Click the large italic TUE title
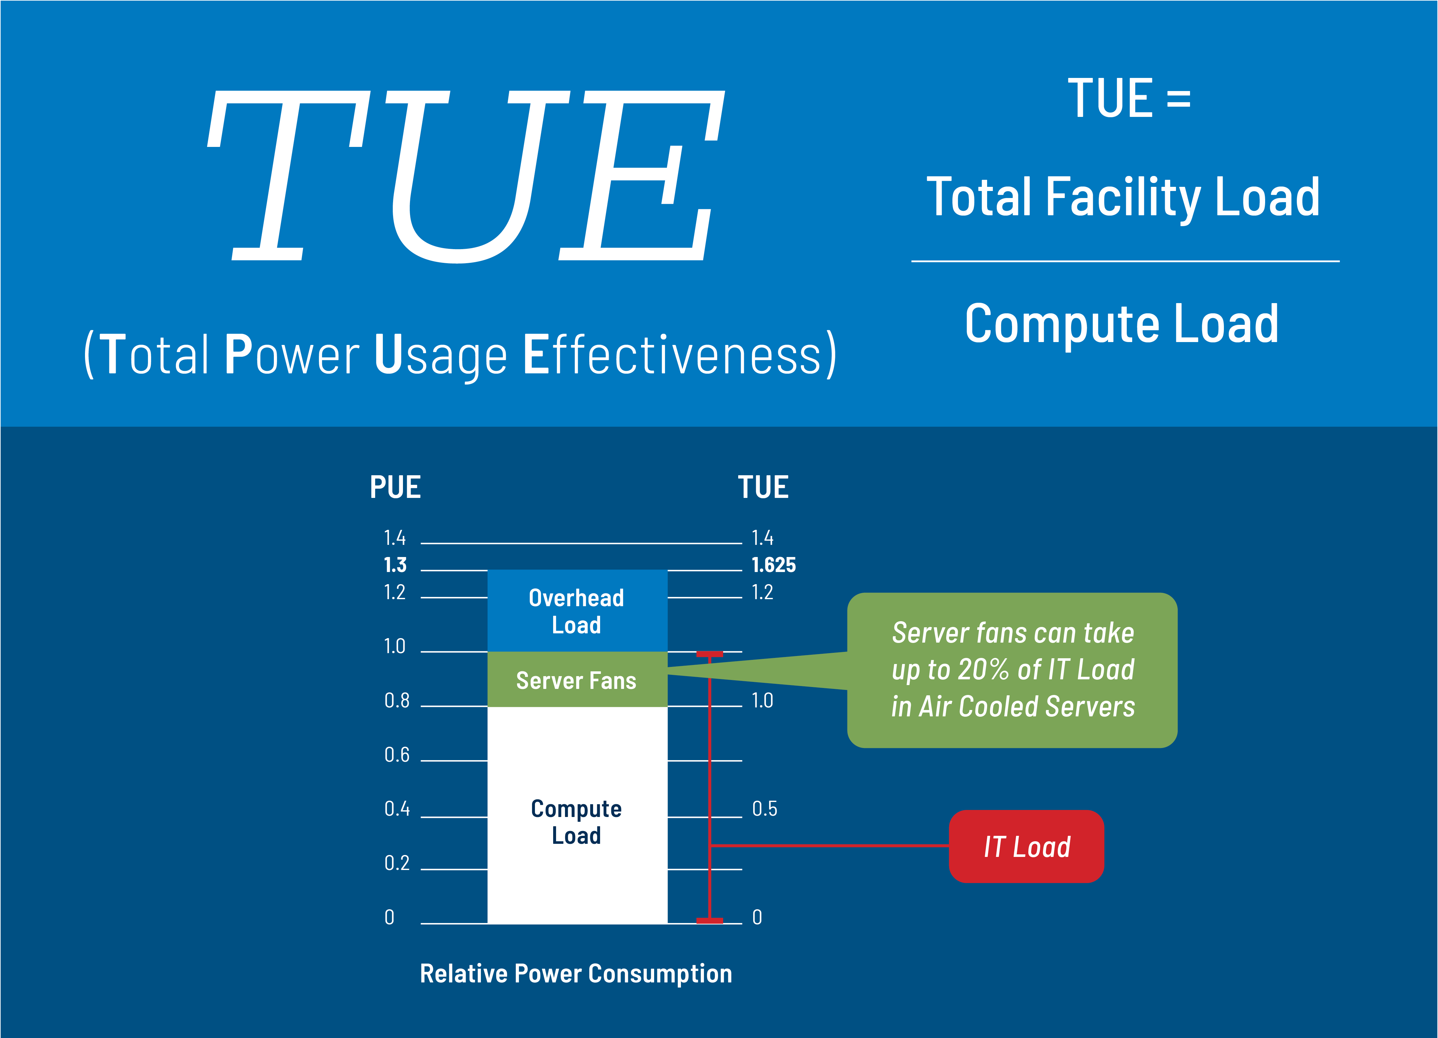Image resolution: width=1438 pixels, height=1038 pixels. [x=466, y=176]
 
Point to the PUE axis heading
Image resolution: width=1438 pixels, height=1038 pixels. [x=395, y=487]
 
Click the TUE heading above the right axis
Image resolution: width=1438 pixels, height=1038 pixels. [x=763, y=487]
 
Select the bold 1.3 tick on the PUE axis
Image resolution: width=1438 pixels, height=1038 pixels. [x=395, y=565]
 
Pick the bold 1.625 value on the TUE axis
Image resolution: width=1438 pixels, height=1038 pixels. [x=774, y=565]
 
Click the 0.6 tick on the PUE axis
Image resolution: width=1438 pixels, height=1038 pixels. [x=397, y=755]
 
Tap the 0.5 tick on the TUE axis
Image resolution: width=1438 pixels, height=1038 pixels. [x=765, y=809]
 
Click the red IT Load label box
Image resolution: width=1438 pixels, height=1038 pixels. [x=1026, y=846]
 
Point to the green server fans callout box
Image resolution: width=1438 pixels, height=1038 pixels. [x=1013, y=670]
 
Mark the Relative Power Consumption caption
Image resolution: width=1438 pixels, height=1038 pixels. [x=576, y=973]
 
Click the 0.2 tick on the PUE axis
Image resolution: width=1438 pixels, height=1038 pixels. [x=397, y=863]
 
